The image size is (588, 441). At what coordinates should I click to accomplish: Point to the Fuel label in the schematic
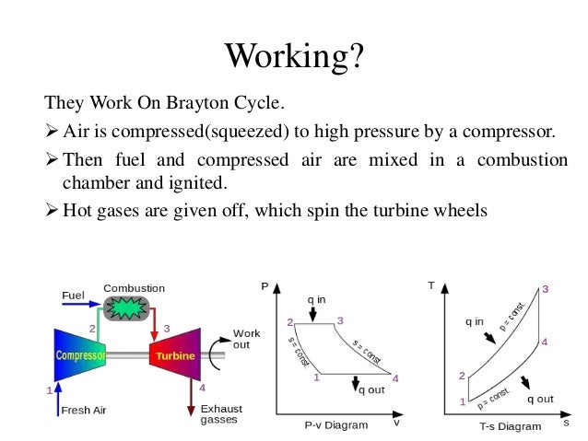coord(73,296)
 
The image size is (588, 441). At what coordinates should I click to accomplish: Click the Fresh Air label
coord(83,411)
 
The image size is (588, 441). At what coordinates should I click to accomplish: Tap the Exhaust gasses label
coord(218,413)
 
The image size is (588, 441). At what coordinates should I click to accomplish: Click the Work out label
coord(246,339)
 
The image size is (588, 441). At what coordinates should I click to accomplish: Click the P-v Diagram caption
coord(335,425)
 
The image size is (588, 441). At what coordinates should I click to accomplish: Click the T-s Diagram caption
coord(510,426)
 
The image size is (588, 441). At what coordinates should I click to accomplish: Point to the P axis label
coord(265,286)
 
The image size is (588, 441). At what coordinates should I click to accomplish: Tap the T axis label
coord(430,285)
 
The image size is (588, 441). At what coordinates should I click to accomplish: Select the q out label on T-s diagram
coord(539,400)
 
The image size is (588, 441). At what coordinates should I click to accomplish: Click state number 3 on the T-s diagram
coord(545,289)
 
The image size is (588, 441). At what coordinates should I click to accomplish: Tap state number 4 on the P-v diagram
coord(395,378)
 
